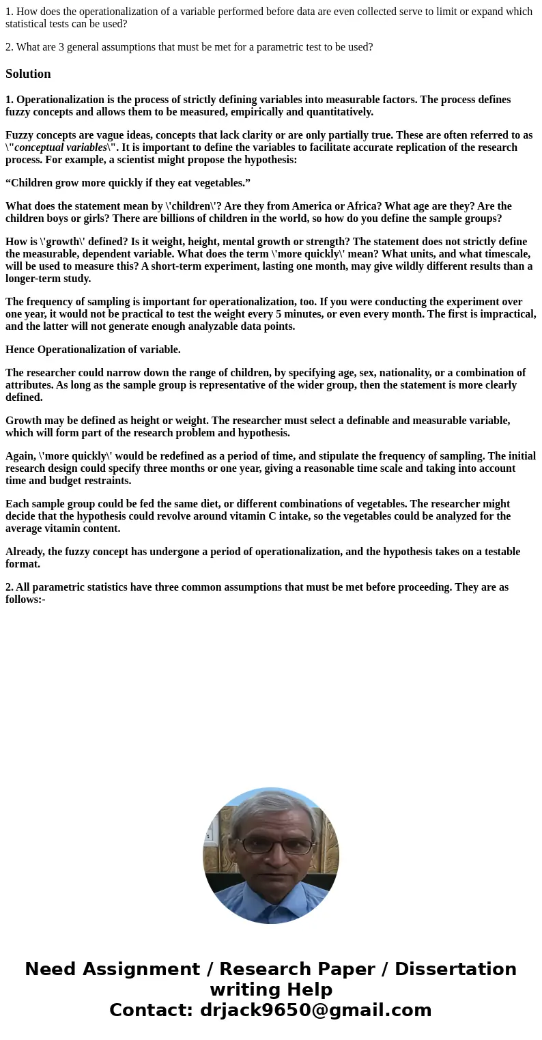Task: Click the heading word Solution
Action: pos(28,74)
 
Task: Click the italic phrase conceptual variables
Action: pos(61,147)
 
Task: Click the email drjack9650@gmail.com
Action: pos(315,1011)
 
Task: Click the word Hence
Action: pos(20,350)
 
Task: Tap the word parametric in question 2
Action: pos(254,47)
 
